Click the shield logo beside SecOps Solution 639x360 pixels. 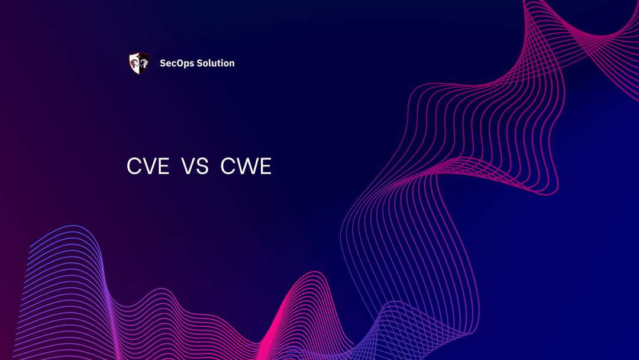pos(139,63)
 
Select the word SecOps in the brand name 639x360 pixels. pos(176,63)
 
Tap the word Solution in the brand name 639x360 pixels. pos(215,63)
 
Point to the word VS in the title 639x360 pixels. pos(195,167)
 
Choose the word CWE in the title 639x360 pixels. pos(246,167)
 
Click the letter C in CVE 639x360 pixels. pos(134,167)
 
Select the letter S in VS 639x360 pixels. pos(202,167)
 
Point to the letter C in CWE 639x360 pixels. pos(228,167)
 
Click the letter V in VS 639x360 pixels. pos(188,167)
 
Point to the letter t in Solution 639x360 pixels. pos(218,63)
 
